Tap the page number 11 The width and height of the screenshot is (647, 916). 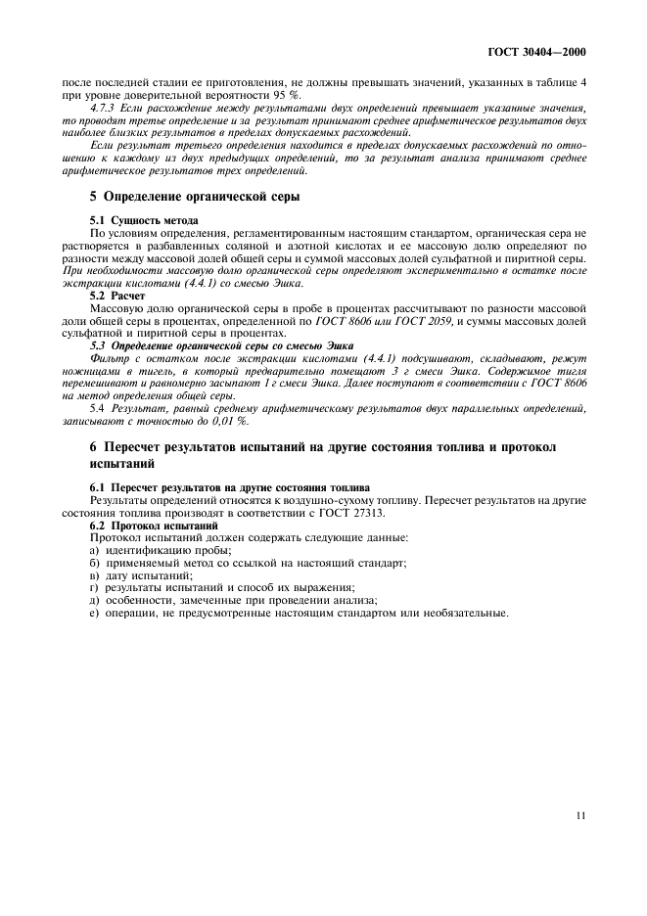pos(580,814)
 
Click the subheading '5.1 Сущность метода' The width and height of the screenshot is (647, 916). pos(144,220)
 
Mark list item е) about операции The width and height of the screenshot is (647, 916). pos(299,613)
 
